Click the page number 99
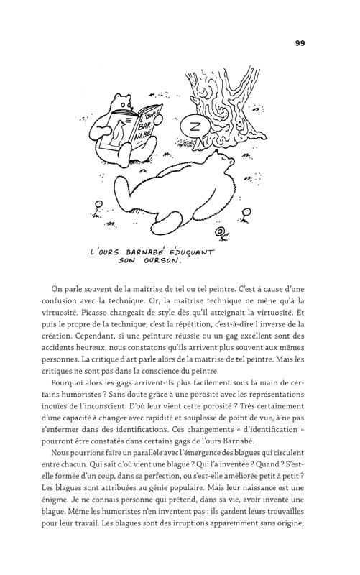300,43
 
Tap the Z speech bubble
193,123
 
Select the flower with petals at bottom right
223,232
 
